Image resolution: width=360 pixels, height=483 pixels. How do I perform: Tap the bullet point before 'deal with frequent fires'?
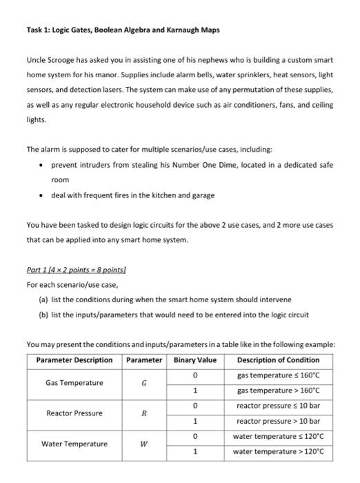click(x=43, y=195)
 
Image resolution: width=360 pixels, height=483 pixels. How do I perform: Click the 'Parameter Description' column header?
click(x=74, y=359)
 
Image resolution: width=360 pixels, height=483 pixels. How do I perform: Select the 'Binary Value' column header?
click(x=195, y=359)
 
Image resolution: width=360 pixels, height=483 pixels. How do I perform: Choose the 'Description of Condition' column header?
click(x=278, y=359)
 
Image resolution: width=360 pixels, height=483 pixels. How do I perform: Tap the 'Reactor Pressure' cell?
click(x=74, y=413)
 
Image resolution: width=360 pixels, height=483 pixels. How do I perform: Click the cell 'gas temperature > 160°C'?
click(x=276, y=390)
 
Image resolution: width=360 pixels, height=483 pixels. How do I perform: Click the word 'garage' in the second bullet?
click(x=201, y=195)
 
